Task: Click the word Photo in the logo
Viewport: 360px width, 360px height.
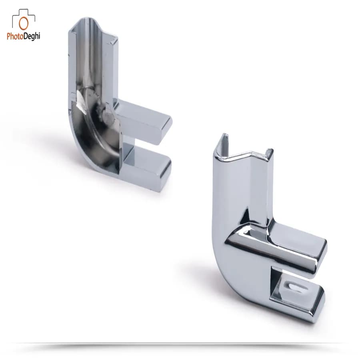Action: [x=15, y=36]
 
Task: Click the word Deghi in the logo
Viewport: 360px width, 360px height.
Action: [x=32, y=36]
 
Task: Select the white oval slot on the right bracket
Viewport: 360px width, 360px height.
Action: [x=296, y=287]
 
